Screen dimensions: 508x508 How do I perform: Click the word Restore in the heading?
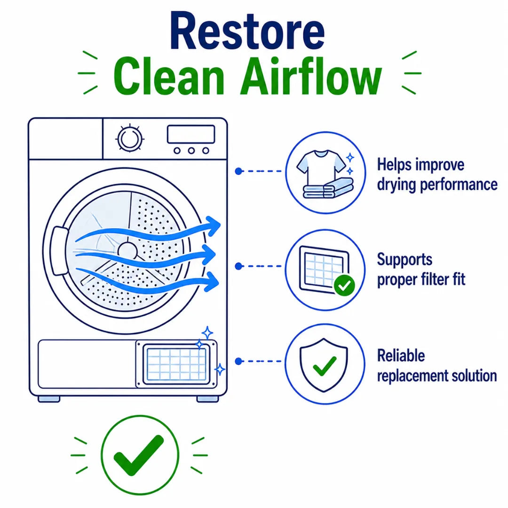click(x=247, y=31)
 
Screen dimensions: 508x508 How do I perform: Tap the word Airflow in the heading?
click(x=311, y=77)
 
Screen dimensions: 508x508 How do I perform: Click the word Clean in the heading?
click(x=169, y=77)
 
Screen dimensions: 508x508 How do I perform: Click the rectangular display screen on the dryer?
click(x=191, y=134)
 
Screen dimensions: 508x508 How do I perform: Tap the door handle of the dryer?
click(x=59, y=250)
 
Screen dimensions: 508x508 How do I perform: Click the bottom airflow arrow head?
click(x=211, y=281)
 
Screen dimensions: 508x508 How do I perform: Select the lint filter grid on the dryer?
click(x=176, y=364)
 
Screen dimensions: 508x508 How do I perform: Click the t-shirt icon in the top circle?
click(x=321, y=165)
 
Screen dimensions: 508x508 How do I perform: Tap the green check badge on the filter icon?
click(x=344, y=286)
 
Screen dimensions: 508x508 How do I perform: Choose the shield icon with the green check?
click(x=324, y=365)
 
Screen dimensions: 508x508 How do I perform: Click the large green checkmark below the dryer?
click(x=139, y=455)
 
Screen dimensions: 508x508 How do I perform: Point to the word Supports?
click(x=405, y=260)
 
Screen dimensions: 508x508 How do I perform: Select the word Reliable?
click(x=401, y=356)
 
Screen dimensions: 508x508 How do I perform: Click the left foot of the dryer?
click(x=49, y=399)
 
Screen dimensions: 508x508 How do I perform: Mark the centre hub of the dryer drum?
click(x=127, y=251)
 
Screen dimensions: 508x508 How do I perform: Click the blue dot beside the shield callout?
click(x=239, y=361)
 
